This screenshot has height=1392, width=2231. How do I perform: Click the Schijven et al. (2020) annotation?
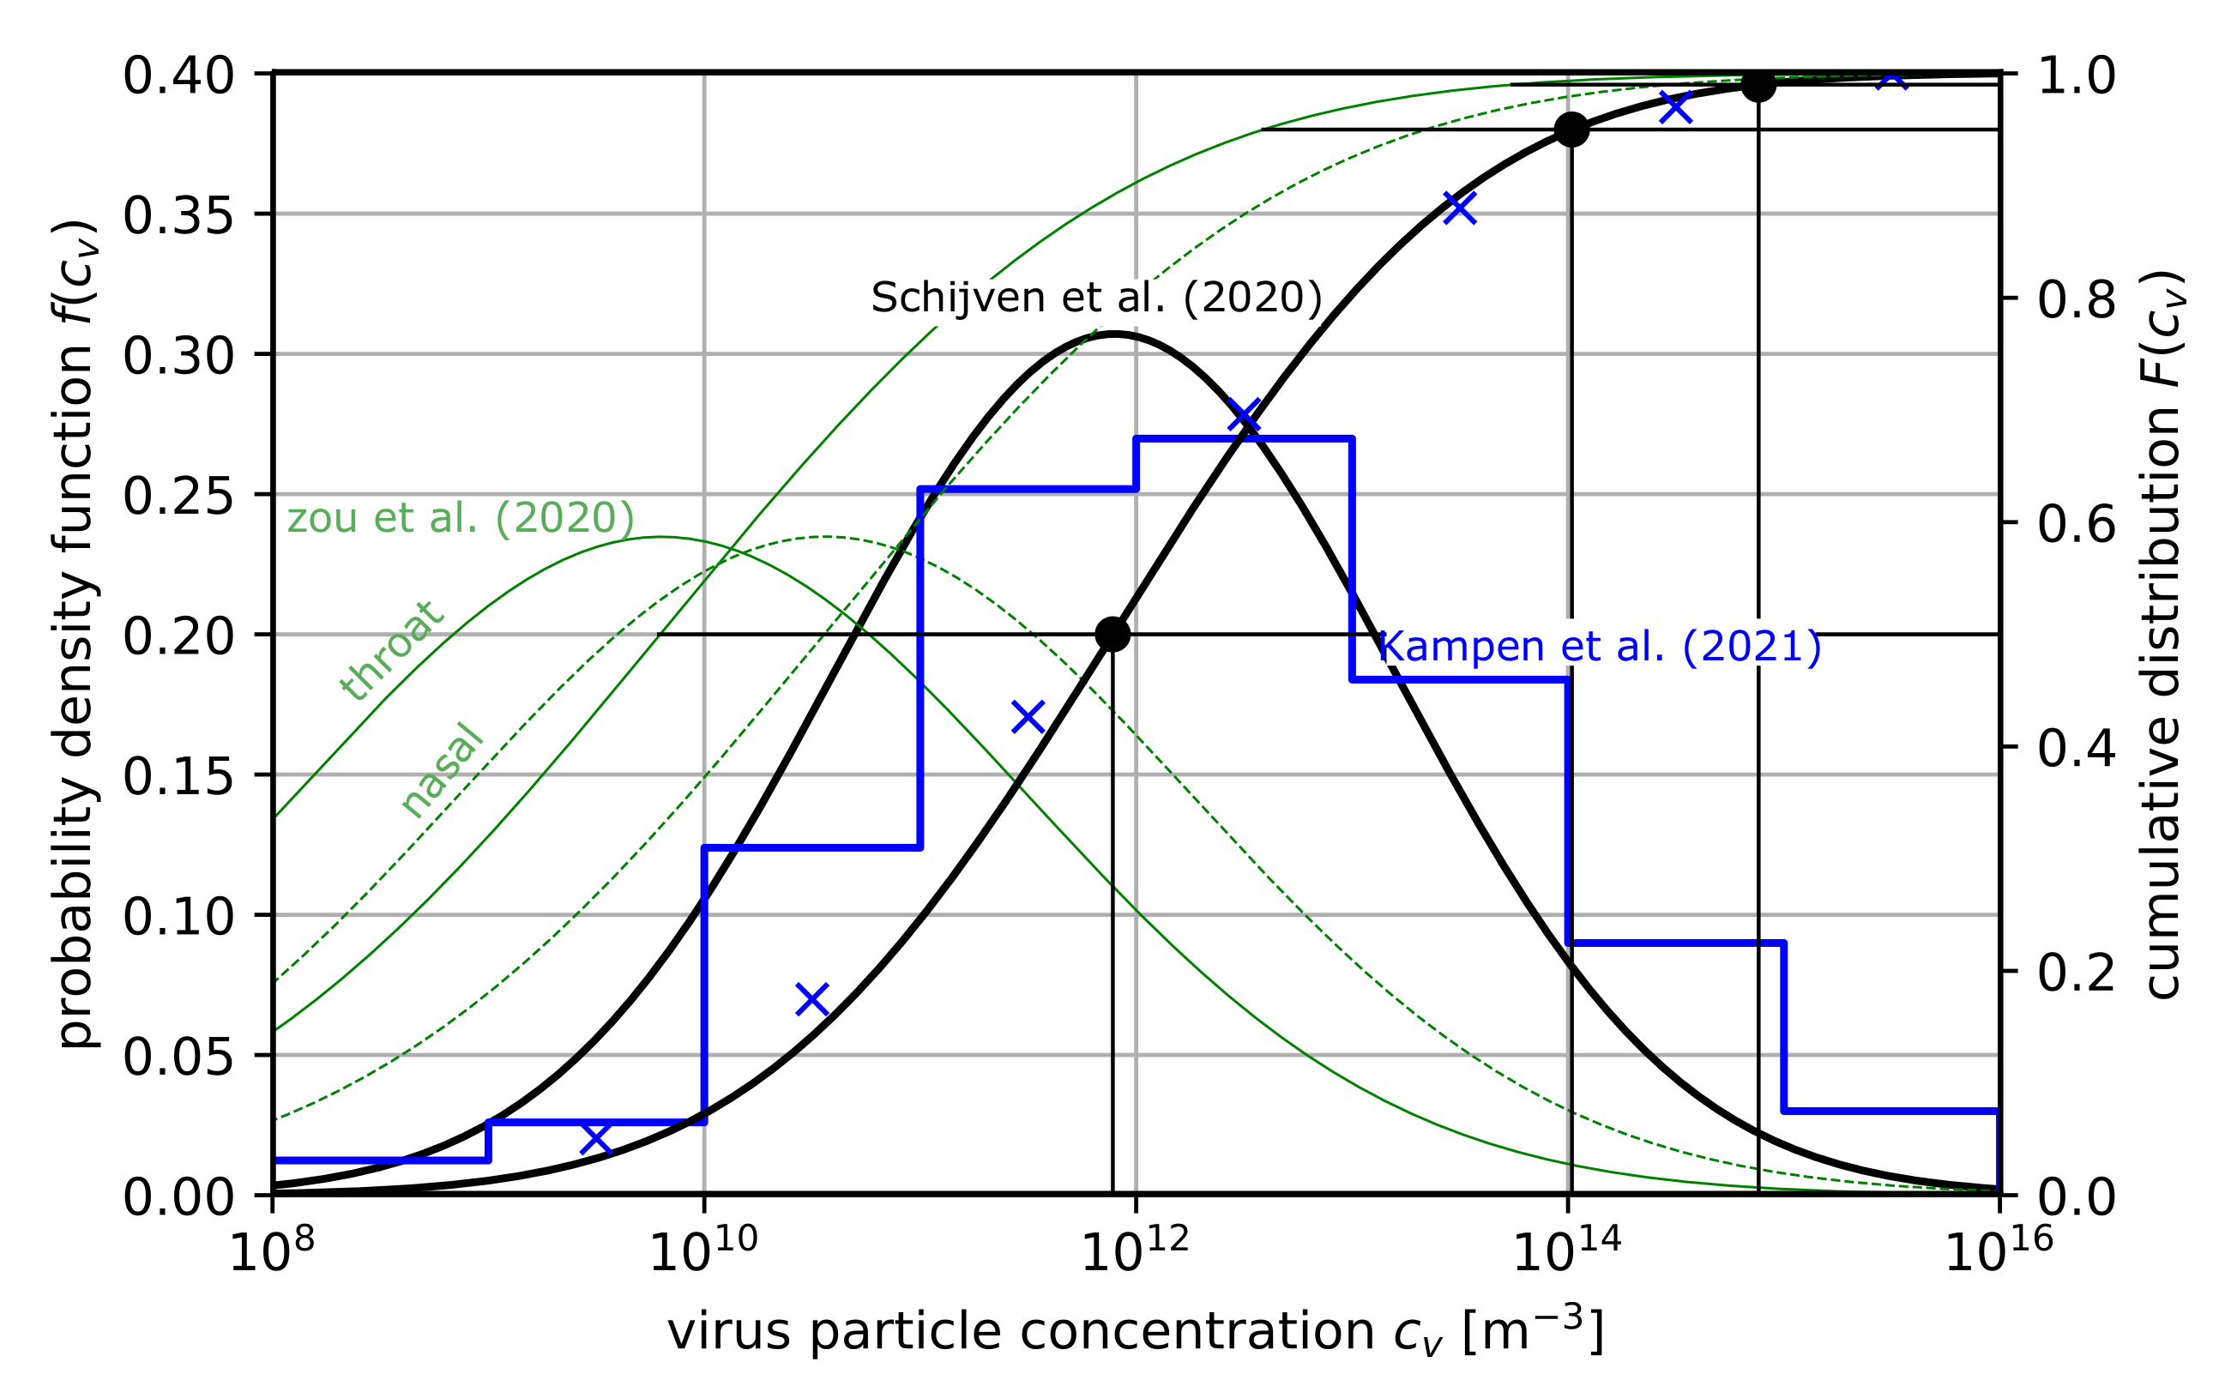(x=1095, y=298)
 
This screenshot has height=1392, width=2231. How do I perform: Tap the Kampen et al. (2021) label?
(x=1600, y=647)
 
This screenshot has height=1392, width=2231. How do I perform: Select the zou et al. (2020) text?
(x=461, y=517)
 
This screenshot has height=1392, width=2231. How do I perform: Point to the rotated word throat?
(x=392, y=650)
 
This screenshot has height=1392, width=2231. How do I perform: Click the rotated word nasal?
(x=442, y=770)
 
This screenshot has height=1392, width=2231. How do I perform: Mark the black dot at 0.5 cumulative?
(x=1112, y=635)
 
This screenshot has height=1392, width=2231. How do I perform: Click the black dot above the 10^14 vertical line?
(x=1571, y=130)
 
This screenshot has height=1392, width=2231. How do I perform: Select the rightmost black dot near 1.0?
(x=1758, y=86)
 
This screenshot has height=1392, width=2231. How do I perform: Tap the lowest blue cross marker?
(x=597, y=1139)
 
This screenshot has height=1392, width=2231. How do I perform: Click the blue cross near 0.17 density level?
(x=1028, y=717)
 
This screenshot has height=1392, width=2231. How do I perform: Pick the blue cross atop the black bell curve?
(x=1243, y=416)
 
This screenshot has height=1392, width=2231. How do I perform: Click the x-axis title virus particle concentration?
(x=1135, y=1331)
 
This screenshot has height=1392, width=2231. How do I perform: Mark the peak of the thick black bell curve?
(x=1115, y=334)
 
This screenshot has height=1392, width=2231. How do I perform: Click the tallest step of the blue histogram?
(x=1243, y=439)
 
